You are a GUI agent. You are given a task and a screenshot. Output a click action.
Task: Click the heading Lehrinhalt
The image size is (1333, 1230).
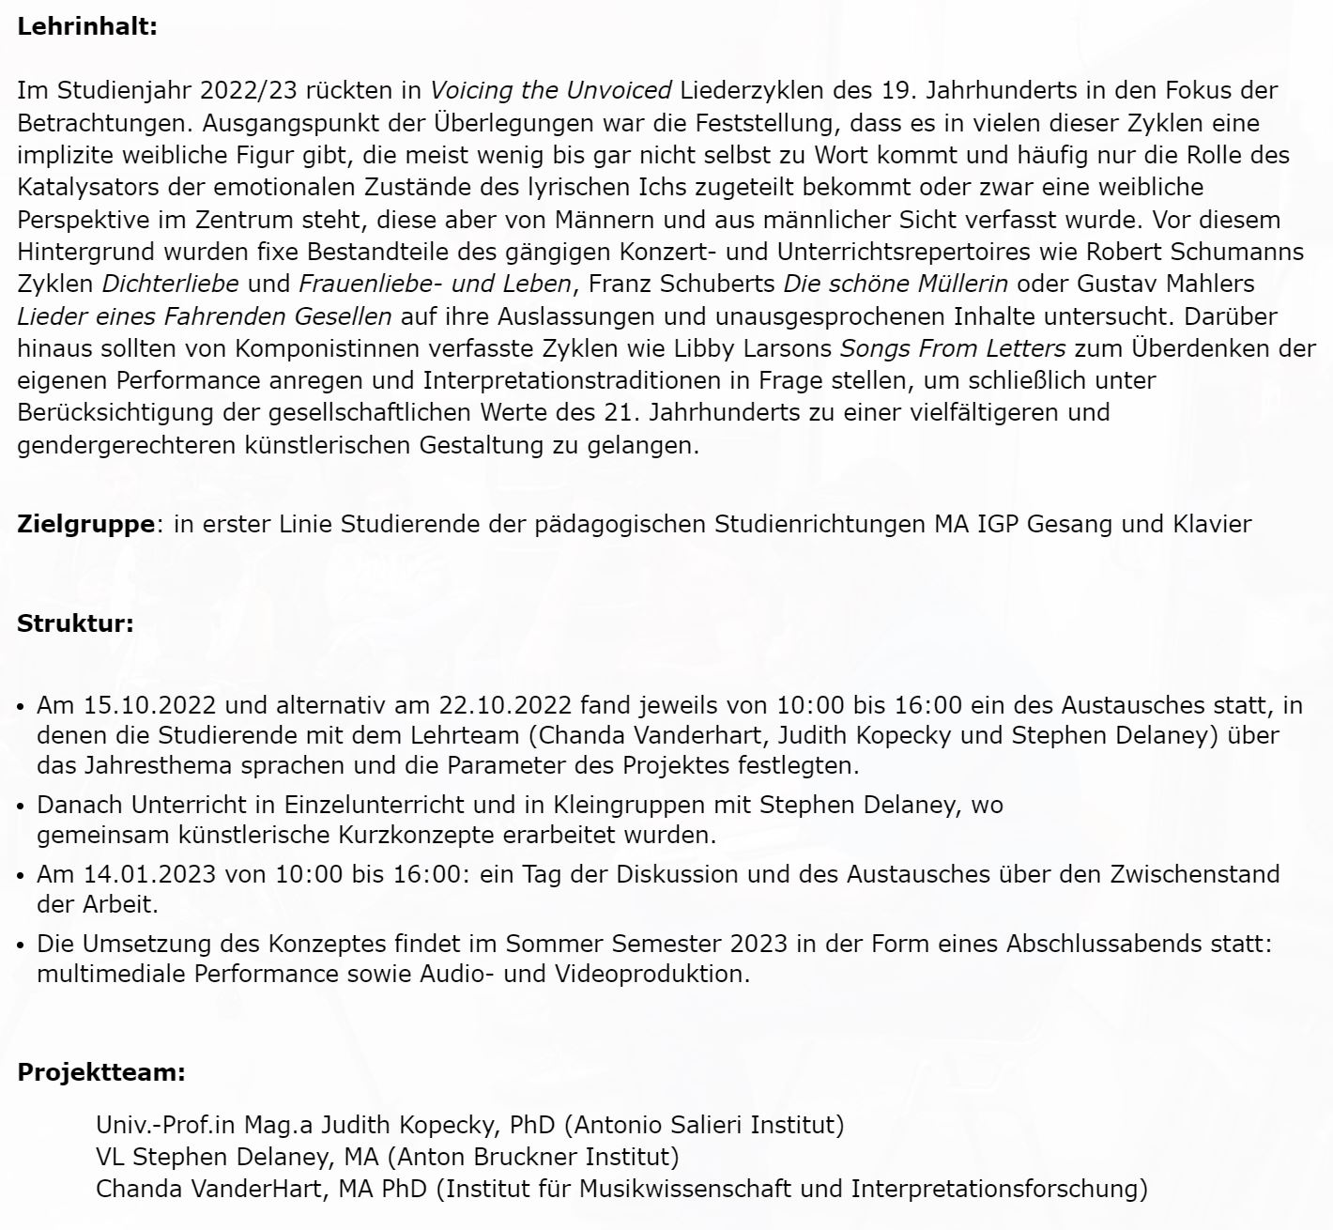(x=86, y=26)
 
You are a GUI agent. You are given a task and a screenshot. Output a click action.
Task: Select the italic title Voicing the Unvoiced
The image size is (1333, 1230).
(x=551, y=90)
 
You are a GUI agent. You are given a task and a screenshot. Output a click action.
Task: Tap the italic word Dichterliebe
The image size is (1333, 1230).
(x=170, y=283)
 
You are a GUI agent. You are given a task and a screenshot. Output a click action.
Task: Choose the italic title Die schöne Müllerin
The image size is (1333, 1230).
(x=896, y=283)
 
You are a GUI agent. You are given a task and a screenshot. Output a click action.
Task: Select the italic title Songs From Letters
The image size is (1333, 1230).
(x=952, y=348)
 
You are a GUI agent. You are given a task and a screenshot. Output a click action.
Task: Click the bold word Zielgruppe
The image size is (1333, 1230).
(x=85, y=523)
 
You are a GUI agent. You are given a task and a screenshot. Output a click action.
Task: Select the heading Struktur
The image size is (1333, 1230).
(x=75, y=623)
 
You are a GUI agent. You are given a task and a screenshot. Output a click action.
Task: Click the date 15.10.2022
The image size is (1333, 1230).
(x=150, y=704)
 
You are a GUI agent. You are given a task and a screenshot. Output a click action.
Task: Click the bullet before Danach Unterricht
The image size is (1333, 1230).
(x=22, y=806)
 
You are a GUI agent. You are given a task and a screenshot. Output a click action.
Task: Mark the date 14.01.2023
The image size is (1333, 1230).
(x=150, y=874)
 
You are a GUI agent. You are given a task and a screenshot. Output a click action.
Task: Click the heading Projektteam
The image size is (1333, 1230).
(x=101, y=1072)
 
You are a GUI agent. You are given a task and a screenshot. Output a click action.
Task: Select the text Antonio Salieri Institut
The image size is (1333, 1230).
(x=709, y=1124)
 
